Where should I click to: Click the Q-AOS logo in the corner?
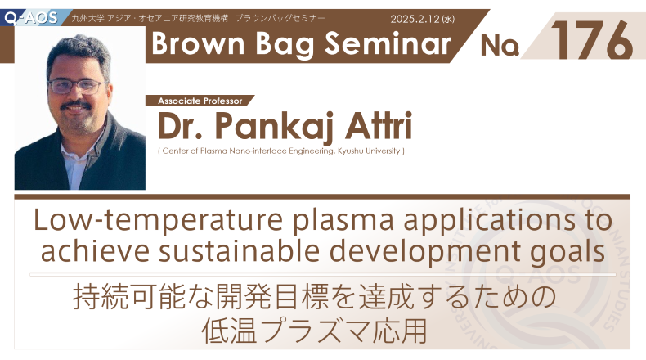(x=31, y=18)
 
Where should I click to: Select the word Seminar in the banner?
(x=388, y=43)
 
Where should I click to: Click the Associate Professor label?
(x=200, y=101)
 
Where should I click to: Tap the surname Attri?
(x=379, y=125)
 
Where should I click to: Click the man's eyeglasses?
(x=76, y=87)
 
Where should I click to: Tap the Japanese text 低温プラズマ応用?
(x=314, y=331)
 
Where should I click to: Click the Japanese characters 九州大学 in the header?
(x=87, y=19)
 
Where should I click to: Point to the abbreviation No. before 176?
(x=500, y=45)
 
